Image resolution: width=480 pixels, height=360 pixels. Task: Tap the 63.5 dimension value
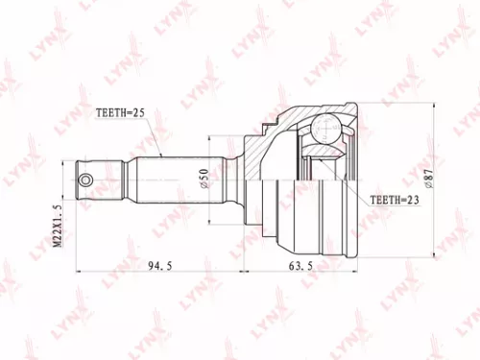tap(299, 265)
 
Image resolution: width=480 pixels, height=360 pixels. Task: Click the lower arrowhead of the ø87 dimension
tap(438, 256)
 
